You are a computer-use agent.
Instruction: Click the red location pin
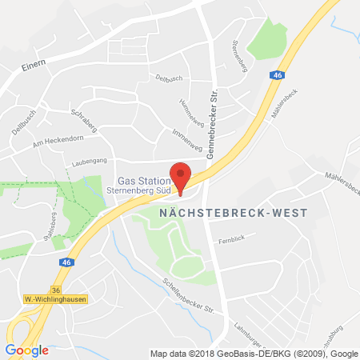[x=182, y=175]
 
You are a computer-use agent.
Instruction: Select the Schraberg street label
[x=85, y=116]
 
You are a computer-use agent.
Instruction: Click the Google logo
[x=26, y=350]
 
